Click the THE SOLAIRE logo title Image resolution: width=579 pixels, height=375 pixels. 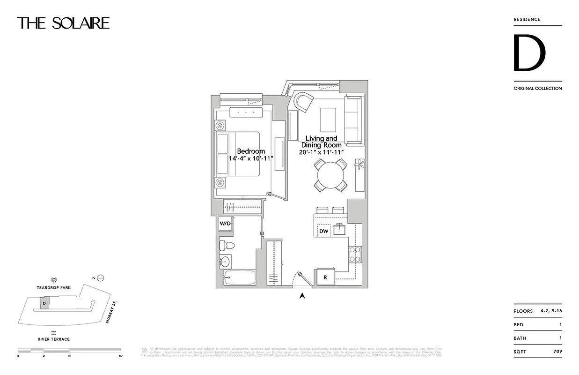(63, 23)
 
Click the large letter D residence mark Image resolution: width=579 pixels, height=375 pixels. (529, 53)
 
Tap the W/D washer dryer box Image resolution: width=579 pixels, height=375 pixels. (225, 224)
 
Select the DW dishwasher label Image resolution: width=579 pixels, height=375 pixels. (323, 231)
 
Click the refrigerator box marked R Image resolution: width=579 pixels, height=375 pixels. (325, 277)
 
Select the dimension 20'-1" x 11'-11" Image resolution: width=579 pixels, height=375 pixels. (322, 152)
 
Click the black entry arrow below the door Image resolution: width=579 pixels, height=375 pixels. (302, 295)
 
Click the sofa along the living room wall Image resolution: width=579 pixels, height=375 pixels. (354, 120)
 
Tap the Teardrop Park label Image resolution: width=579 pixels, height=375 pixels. (54, 287)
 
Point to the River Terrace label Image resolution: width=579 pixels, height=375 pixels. (54, 339)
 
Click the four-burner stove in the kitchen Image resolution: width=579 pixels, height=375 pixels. (354, 254)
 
